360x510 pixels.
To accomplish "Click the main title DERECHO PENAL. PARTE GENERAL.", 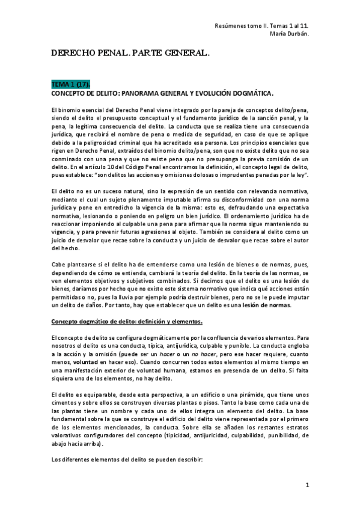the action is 130,54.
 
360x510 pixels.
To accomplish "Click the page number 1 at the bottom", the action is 307,484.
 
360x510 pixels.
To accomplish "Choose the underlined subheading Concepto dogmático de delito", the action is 127,321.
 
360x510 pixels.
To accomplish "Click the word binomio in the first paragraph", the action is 71,110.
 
